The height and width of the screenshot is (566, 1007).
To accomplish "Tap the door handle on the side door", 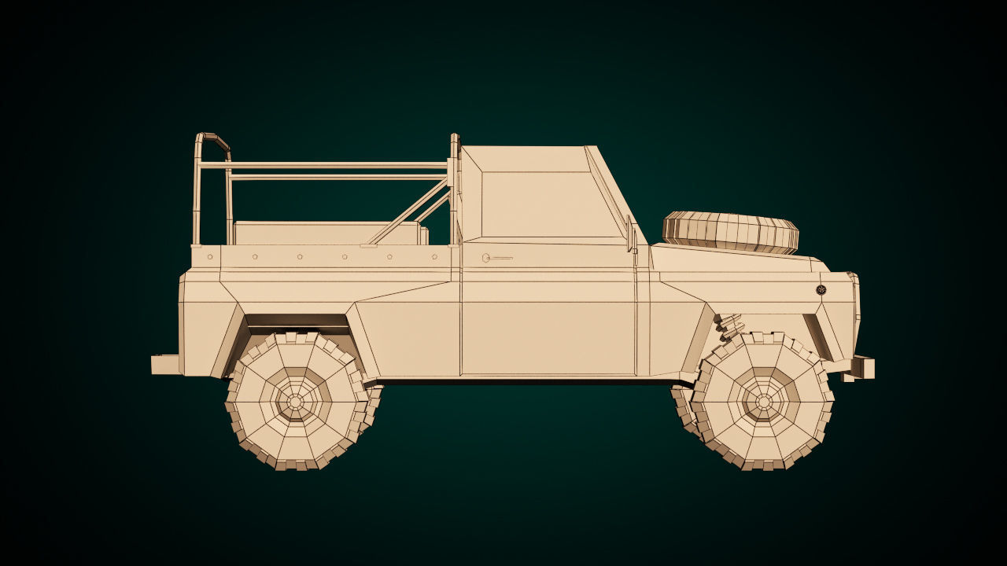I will point(496,258).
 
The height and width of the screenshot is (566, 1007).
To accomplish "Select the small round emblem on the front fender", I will point(821,290).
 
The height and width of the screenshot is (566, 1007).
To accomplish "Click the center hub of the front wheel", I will point(763,402).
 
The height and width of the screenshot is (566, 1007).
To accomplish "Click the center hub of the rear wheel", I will point(295,402).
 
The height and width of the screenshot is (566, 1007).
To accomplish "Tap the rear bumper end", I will point(165,364).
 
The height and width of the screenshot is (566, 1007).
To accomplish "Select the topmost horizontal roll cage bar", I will point(330,166).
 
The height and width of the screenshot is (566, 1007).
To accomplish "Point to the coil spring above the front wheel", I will point(729,323).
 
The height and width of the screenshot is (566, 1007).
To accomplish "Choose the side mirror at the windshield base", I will point(630,234).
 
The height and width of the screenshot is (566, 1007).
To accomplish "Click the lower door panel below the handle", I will point(547,330).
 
